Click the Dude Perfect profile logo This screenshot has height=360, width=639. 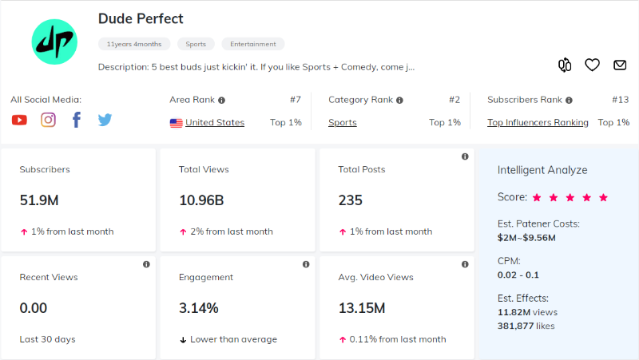pos(53,42)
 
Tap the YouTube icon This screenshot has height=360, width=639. pos(20,120)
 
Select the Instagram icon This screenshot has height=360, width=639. pos(49,120)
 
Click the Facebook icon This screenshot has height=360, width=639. pos(77,120)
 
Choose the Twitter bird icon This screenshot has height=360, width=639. pos(105,120)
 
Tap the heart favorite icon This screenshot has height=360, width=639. pos(592,65)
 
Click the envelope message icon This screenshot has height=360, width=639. pos(620,65)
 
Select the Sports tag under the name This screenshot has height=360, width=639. pos(196,44)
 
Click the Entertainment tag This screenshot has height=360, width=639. pos(252,44)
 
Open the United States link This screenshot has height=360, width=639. pos(215,123)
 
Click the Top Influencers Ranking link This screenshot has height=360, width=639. pos(538,123)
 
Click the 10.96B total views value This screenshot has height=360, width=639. pos(202,200)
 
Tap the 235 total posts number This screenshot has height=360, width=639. pos(351,200)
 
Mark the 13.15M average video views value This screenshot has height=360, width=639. pos(362,308)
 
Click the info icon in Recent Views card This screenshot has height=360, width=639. pos(146,264)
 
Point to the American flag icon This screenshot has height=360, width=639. pos(176,123)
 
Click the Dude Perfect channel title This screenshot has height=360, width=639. pos(141,18)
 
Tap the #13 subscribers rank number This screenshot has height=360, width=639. pos(621,101)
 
